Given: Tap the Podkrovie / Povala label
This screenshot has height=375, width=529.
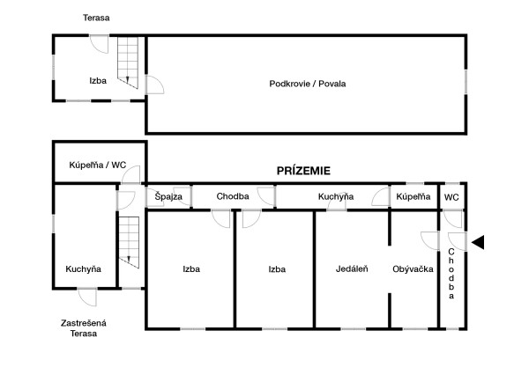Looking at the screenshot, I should click(x=307, y=84).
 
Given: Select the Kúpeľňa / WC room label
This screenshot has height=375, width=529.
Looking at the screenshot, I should click(x=98, y=165).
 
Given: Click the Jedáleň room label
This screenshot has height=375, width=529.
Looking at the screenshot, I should click(x=351, y=269).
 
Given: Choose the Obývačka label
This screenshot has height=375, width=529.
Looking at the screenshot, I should click(x=412, y=269).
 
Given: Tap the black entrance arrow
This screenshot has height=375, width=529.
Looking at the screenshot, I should click(x=477, y=242).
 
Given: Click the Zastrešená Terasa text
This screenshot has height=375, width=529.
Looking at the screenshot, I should click(x=84, y=328).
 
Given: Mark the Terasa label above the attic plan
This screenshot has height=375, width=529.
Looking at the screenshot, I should click(x=97, y=18).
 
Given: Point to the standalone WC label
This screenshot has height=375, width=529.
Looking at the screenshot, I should click(x=451, y=196).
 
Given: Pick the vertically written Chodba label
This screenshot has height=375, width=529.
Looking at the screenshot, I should click(x=451, y=274).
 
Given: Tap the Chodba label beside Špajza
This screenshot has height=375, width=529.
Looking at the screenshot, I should click(x=233, y=196).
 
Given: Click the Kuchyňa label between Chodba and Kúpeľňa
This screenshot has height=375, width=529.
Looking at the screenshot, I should click(x=336, y=196).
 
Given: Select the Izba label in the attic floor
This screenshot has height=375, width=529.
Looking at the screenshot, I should click(x=98, y=80).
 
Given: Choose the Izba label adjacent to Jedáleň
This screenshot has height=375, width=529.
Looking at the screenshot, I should click(x=277, y=269).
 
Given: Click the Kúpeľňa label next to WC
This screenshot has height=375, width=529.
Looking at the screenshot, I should click(x=413, y=196).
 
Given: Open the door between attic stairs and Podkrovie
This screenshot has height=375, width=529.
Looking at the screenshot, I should click(x=153, y=85).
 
